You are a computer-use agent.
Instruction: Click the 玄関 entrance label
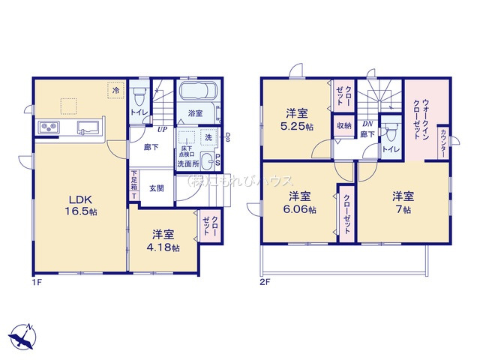click(x=156, y=188)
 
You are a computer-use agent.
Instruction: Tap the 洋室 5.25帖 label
click(x=298, y=120)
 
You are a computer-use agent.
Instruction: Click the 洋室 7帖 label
click(x=402, y=202)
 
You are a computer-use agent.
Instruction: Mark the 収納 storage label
click(x=343, y=126)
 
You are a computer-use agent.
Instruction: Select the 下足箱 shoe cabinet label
click(x=134, y=184)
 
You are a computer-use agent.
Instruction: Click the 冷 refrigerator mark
click(x=115, y=91)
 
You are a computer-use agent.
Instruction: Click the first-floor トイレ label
click(x=138, y=112)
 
